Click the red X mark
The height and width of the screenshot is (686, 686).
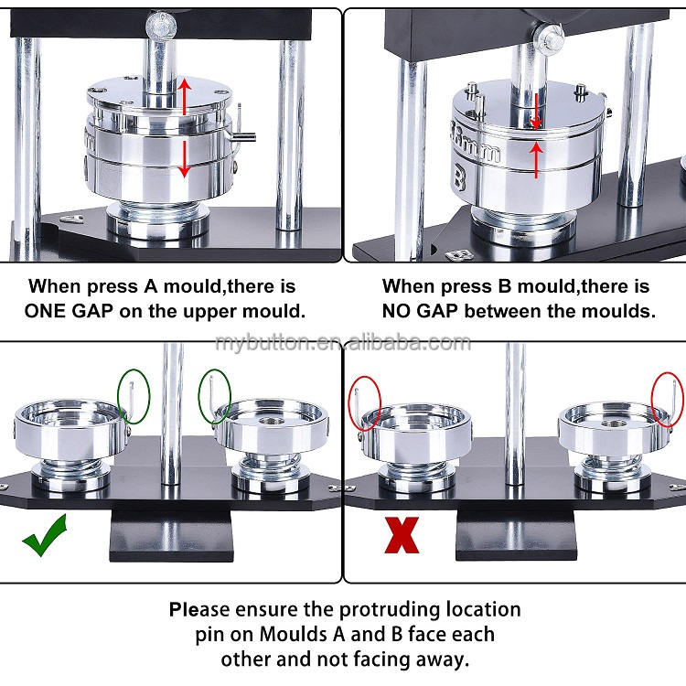402,535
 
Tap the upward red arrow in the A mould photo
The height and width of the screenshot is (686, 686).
185,96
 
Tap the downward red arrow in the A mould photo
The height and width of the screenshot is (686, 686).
185,159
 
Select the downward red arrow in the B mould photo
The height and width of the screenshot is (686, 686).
536,112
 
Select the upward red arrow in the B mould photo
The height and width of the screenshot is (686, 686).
536,161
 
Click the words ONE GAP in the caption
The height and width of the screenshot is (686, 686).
69,311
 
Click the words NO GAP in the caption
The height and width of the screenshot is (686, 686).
420,311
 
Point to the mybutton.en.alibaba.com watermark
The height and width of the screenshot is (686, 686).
343,342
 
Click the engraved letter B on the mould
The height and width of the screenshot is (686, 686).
460,177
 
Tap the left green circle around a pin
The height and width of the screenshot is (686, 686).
134,396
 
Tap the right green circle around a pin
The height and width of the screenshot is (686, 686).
215,396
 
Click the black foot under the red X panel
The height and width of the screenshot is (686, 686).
516,535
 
